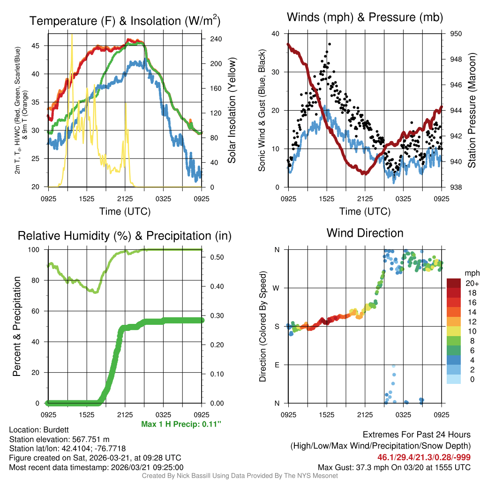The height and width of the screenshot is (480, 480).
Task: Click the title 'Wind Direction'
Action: point(365,233)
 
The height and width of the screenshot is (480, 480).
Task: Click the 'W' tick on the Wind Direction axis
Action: point(277,288)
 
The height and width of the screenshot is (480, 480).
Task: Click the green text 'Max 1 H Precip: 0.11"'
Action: point(181,424)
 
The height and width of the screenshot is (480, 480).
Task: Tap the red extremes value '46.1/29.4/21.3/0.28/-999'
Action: point(424,457)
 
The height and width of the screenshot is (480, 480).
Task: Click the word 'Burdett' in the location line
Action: point(56,429)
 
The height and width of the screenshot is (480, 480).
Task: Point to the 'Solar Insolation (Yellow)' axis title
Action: point(232,111)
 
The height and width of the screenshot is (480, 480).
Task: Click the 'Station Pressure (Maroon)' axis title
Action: point(472,111)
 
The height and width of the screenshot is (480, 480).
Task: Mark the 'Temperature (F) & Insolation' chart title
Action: point(125,21)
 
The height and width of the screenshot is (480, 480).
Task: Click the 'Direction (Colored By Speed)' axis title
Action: point(262,326)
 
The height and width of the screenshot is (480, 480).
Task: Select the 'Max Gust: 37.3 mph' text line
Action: point(394,467)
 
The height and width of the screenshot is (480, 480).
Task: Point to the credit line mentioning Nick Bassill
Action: point(240,476)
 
